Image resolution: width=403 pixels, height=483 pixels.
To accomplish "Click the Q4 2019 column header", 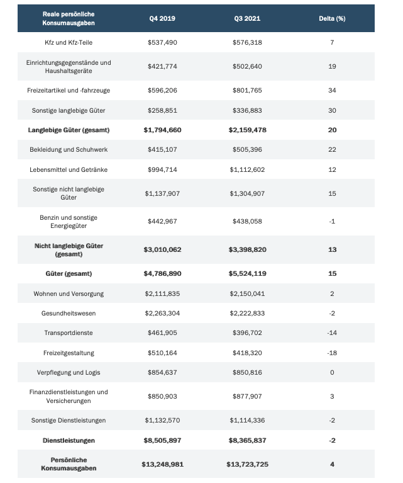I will [x=162, y=18].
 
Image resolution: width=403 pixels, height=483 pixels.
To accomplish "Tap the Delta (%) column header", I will [x=332, y=18].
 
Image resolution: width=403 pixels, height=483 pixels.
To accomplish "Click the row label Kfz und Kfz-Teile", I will [x=69, y=42].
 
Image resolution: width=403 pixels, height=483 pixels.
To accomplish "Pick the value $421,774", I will [x=162, y=67].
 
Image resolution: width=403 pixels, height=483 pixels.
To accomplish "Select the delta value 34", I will [x=332, y=91].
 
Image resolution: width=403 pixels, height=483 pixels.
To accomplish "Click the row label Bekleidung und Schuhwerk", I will [x=69, y=150].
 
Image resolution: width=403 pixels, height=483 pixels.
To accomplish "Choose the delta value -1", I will [x=332, y=222].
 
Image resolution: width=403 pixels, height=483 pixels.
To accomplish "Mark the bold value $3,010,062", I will [x=162, y=250].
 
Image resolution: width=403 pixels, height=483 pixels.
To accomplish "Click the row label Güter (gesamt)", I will [x=69, y=274].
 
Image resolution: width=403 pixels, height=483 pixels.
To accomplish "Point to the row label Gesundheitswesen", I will [x=69, y=314].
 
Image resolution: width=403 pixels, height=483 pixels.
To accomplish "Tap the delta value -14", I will [x=332, y=333].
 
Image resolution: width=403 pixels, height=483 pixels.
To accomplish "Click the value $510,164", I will [x=162, y=353].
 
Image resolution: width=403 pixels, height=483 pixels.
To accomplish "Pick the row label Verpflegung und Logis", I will [x=69, y=373].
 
